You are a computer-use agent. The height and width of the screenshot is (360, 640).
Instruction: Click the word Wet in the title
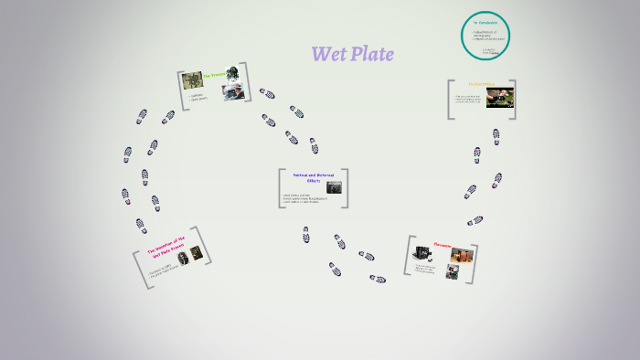pyautogui.click(x=329, y=55)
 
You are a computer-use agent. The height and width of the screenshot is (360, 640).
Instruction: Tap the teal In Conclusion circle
pyautogui.click(x=485, y=37)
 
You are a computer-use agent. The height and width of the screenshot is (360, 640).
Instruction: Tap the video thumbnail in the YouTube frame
pyautogui.click(x=499, y=97)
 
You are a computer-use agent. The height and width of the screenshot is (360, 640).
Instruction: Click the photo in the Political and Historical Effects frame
pyautogui.click(x=335, y=187)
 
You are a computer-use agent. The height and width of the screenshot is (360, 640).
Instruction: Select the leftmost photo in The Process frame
pyautogui.click(x=191, y=79)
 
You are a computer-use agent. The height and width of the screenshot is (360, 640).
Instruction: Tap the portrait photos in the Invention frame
pyautogui.click(x=188, y=257)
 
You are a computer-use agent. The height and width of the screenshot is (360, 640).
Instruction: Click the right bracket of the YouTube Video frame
pyautogui.click(x=513, y=99)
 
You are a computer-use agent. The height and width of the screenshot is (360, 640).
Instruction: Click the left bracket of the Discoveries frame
pyautogui.click(x=409, y=257)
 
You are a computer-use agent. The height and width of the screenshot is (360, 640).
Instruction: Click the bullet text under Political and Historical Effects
pyautogui.click(x=302, y=197)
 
